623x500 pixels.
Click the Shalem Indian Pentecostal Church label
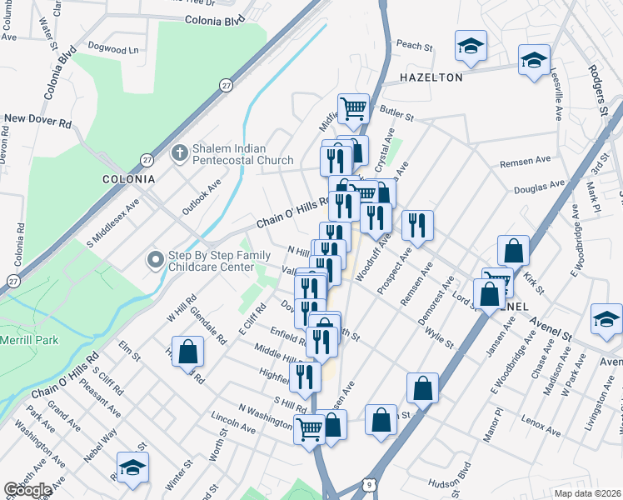pyautogui.click(x=242, y=153)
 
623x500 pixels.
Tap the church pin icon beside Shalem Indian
pyautogui.click(x=177, y=153)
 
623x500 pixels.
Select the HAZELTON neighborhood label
pyautogui.click(x=431, y=77)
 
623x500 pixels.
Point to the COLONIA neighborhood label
pyautogui.click(x=128, y=179)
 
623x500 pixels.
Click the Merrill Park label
pyautogui.click(x=30, y=340)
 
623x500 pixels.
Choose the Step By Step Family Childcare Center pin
pyautogui.click(x=154, y=261)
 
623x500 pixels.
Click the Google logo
pyautogui.click(x=28, y=490)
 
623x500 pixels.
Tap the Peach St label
pyautogui.click(x=415, y=46)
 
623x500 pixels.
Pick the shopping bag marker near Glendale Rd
pyautogui.click(x=188, y=351)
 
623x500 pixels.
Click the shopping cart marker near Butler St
pyautogui.click(x=354, y=109)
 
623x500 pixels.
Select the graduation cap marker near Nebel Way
pyautogui.click(x=132, y=469)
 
